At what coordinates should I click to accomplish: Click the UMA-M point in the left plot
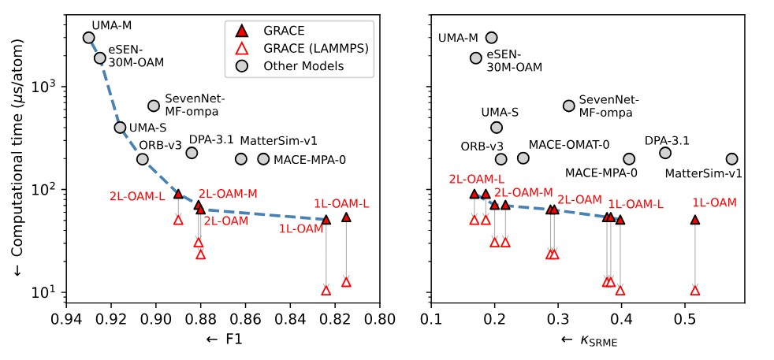coord(89,37)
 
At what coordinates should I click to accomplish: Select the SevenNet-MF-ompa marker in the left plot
coord(154,106)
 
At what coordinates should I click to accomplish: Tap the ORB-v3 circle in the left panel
coord(143,159)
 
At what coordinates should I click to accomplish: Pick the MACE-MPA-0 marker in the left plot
coord(263,159)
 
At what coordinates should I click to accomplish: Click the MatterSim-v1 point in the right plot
coord(731,159)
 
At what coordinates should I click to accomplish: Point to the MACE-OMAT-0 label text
coord(569,145)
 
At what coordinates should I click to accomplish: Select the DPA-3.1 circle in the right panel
coord(665,153)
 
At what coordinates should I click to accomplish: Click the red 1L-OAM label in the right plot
coord(714,203)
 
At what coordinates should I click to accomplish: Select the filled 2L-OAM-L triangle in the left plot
coord(178,194)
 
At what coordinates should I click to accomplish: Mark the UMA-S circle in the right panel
coord(497,128)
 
